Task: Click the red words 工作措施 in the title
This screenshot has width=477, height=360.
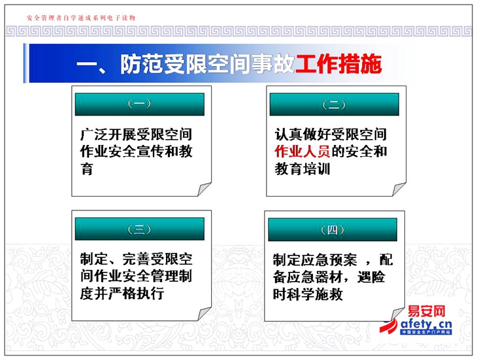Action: tap(338, 64)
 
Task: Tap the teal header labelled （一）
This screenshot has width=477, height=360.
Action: tap(140, 105)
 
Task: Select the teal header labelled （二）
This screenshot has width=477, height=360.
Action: tap(335, 105)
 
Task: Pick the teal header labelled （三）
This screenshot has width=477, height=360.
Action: tap(140, 229)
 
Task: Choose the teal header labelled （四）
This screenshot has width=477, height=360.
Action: tap(333, 229)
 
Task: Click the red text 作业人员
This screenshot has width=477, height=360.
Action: tap(302, 152)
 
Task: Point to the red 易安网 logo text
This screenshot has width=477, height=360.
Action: tap(426, 312)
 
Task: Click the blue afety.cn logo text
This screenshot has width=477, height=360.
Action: tap(426, 324)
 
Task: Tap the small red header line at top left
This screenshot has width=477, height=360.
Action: tap(81, 18)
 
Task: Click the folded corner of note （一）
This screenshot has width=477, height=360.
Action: tap(203, 189)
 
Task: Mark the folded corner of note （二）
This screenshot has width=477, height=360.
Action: tap(398, 189)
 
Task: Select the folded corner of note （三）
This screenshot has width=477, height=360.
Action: tap(203, 314)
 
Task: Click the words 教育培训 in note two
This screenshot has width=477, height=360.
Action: tap(302, 169)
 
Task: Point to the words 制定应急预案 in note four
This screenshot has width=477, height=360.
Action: tap(315, 259)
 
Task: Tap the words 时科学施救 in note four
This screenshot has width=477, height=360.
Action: tap(308, 294)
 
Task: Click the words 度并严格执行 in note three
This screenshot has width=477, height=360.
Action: tap(122, 293)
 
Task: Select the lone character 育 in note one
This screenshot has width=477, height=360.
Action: tap(87, 169)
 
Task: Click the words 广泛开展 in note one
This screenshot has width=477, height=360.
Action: tap(108, 135)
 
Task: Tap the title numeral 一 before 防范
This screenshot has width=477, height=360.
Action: tap(86, 64)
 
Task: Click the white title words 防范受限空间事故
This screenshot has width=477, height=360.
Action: tap(207, 64)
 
